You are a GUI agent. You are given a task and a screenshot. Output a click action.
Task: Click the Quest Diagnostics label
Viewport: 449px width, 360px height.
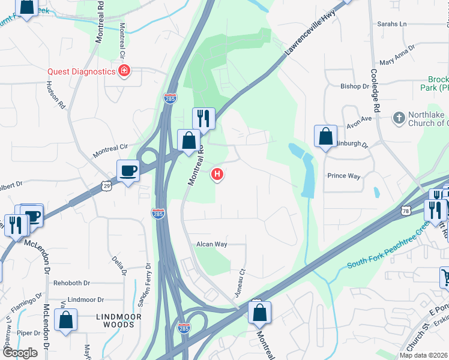[x=82, y=71]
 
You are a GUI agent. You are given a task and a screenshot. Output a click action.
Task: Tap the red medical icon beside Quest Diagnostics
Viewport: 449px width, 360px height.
[x=124, y=71]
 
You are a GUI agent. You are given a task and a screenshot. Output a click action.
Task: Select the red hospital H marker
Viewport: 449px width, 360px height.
[x=217, y=175]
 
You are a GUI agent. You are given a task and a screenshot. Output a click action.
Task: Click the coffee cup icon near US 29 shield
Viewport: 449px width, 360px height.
[x=128, y=170]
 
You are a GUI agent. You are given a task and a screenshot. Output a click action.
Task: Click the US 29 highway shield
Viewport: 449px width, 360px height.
[x=106, y=186]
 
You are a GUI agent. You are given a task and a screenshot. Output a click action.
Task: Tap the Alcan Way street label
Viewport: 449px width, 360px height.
[x=212, y=244]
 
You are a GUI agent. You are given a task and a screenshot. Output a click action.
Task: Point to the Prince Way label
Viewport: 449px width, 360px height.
[x=343, y=176]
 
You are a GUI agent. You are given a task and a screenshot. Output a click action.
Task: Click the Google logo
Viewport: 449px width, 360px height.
[x=20, y=353]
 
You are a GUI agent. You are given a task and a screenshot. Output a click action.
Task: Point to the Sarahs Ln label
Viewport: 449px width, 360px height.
[x=391, y=24]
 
